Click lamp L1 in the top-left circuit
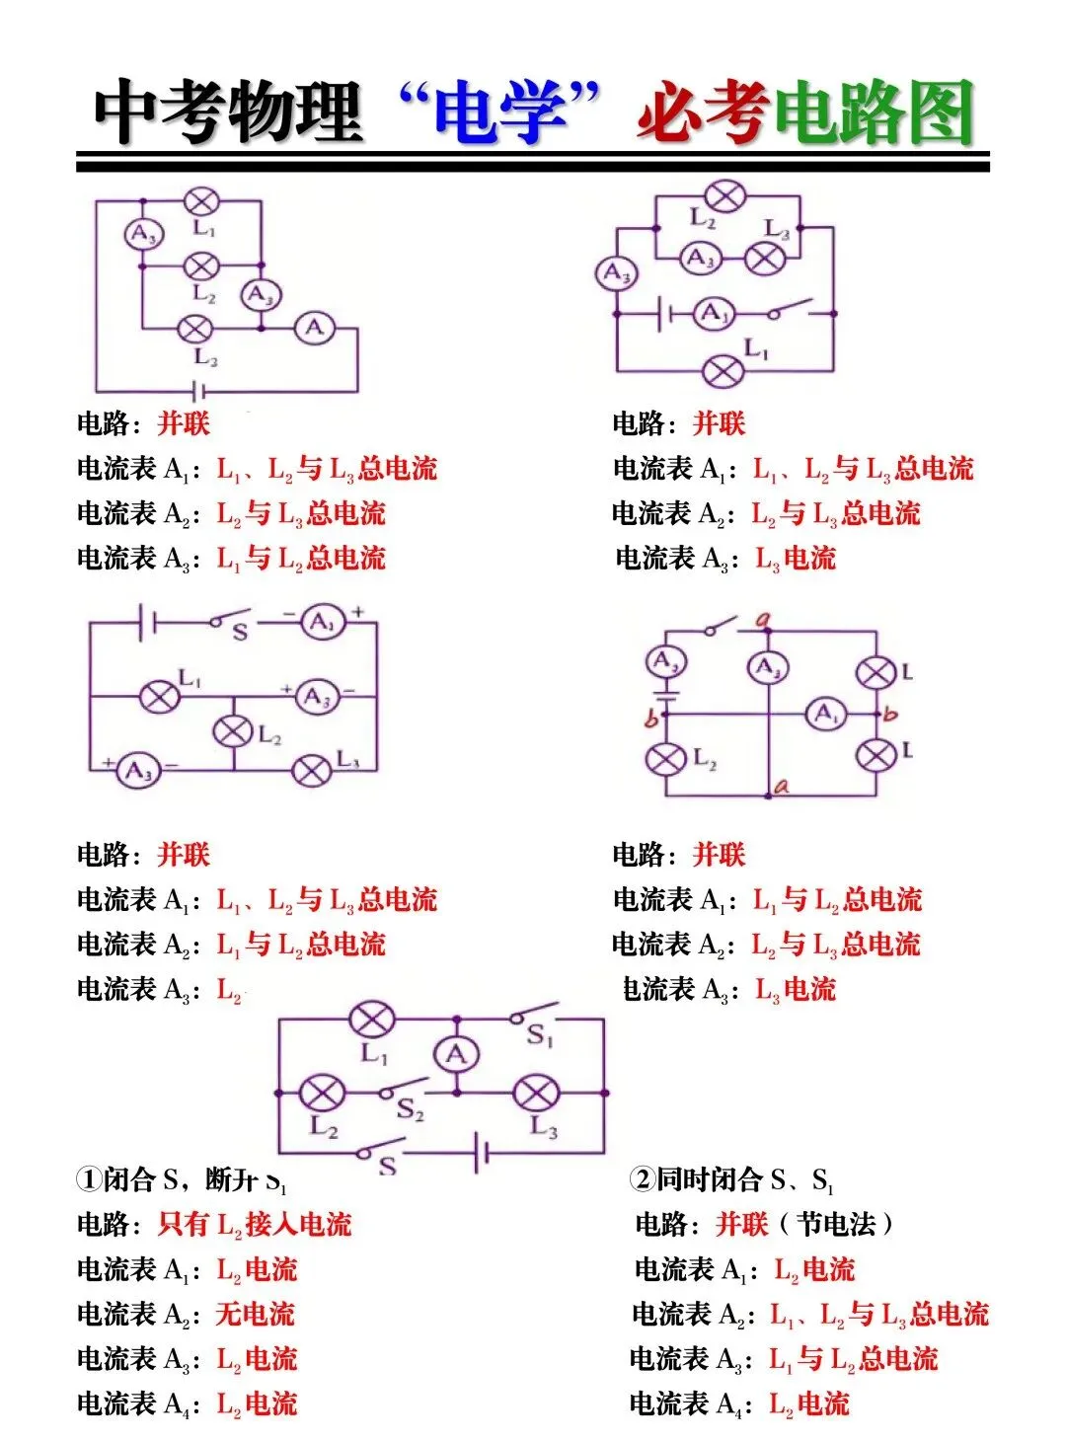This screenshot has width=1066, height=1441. pyautogui.click(x=201, y=202)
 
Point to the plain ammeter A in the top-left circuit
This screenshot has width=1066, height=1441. pyautogui.click(x=315, y=327)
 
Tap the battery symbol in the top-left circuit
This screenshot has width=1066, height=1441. pyautogui.click(x=198, y=391)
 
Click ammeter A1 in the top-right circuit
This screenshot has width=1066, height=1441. pyautogui.click(x=712, y=315)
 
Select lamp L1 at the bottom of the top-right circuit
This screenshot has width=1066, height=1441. pyautogui.click(x=723, y=372)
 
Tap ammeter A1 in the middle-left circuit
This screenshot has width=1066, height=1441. pyautogui.click(x=322, y=622)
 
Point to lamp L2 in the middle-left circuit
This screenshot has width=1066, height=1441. pyautogui.click(x=234, y=731)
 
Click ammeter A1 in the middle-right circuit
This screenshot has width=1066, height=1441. pyautogui.click(x=825, y=714)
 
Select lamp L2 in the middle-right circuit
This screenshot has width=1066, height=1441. pyautogui.click(x=665, y=759)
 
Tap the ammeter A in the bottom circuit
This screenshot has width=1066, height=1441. pyautogui.click(x=456, y=1054)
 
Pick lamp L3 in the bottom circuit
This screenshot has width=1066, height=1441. pyautogui.click(x=536, y=1093)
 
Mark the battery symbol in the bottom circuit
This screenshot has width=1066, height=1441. pyautogui.click(x=482, y=1152)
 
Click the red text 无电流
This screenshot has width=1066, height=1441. pyautogui.click(x=256, y=1314)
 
